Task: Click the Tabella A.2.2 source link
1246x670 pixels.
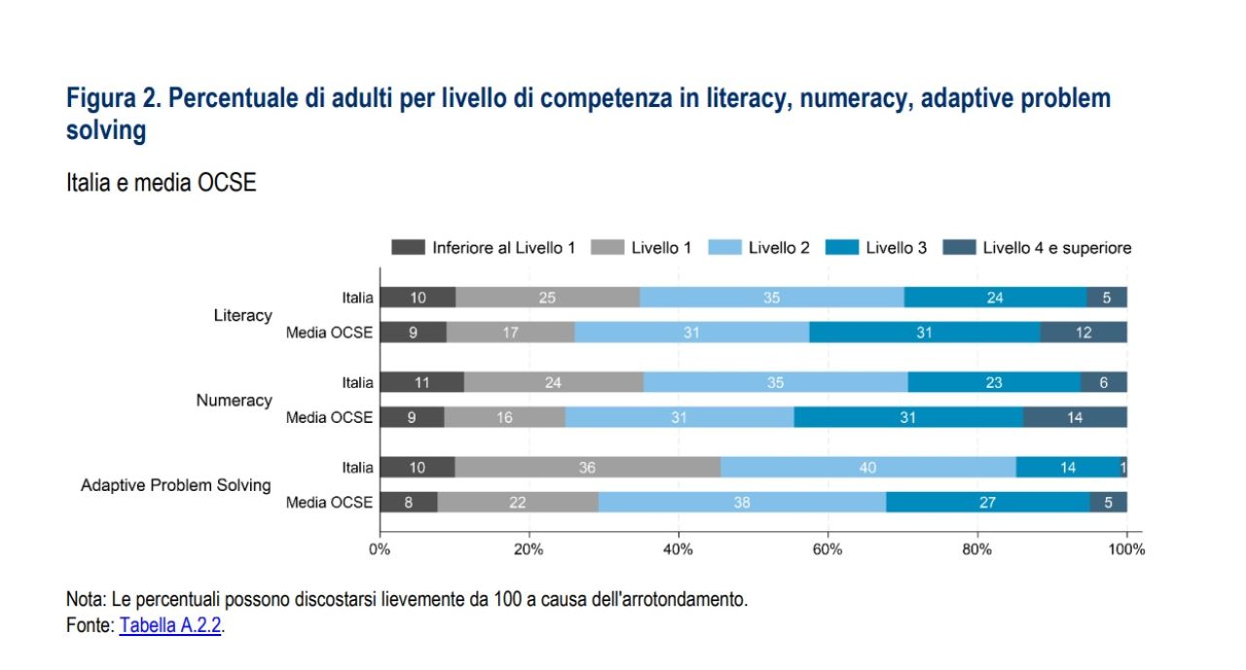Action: pos(171,625)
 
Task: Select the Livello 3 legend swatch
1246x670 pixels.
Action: pos(842,248)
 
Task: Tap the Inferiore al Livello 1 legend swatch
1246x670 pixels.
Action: pos(408,248)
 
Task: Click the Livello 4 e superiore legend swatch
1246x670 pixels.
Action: pos(959,248)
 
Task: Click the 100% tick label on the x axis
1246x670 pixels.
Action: pos(1126,549)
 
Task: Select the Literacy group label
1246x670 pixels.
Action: pos(243,315)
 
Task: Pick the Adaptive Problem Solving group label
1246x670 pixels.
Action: pos(176,484)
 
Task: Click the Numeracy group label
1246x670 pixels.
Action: pos(235,400)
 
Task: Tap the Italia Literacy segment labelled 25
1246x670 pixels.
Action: pos(547,298)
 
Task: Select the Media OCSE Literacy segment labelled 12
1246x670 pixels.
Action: pos(1083,333)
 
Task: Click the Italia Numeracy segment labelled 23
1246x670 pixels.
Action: pos(994,382)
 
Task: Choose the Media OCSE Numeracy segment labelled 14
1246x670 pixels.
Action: pos(1075,417)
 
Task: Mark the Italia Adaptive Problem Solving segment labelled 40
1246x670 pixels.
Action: pos(868,468)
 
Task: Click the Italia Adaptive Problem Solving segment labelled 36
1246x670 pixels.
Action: pos(587,468)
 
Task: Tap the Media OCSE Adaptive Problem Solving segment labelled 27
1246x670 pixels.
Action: pos(987,503)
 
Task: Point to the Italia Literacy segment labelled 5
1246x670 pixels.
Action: pos(1107,298)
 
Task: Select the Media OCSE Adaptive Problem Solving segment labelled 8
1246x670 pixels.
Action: pos(408,503)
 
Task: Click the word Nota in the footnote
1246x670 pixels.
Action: pos(86,599)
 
